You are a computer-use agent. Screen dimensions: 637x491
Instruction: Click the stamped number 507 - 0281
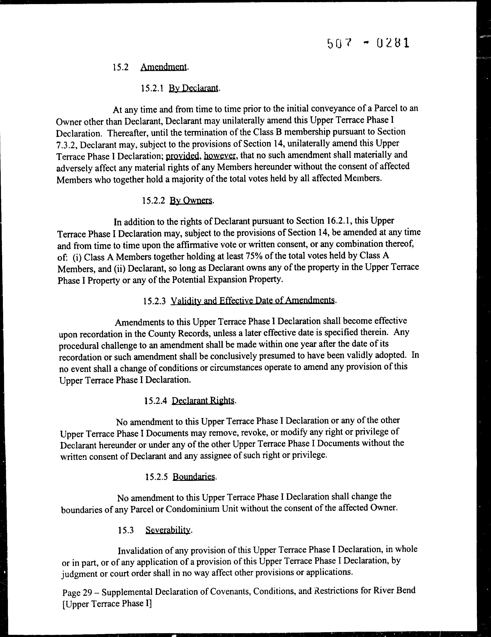click(368, 43)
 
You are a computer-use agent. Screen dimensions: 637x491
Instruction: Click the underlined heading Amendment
click(164, 67)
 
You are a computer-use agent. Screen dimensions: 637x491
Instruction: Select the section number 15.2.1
click(151, 88)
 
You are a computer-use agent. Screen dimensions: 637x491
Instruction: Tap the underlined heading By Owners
click(191, 201)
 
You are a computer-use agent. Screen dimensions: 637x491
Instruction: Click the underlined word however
click(220, 156)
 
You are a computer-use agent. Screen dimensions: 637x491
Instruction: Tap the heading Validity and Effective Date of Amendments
click(252, 301)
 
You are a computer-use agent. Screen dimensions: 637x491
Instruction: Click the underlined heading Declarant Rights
click(203, 401)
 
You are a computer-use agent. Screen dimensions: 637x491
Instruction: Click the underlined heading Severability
click(168, 530)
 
